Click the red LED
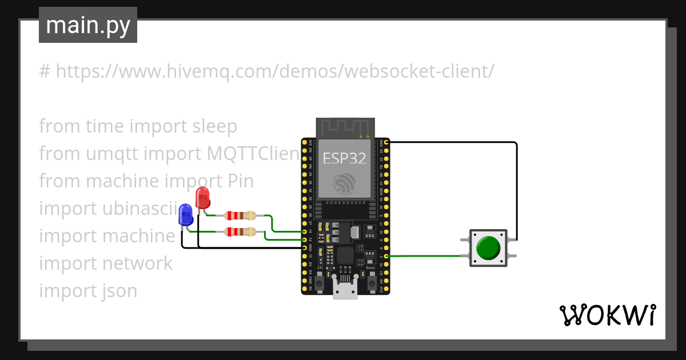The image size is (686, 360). (202, 198)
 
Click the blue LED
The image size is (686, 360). (186, 215)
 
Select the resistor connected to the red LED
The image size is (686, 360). (240, 215)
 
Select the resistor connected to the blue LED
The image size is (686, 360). (240, 231)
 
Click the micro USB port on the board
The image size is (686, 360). (345, 290)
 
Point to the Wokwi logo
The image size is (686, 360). (607, 315)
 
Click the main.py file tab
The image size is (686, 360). (88, 25)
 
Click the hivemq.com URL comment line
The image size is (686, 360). (266, 71)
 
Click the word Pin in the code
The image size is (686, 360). (241, 181)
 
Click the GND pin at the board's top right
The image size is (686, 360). (387, 141)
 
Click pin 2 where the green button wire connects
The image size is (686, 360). (387, 257)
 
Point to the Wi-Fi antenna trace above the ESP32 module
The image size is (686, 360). (345, 127)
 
